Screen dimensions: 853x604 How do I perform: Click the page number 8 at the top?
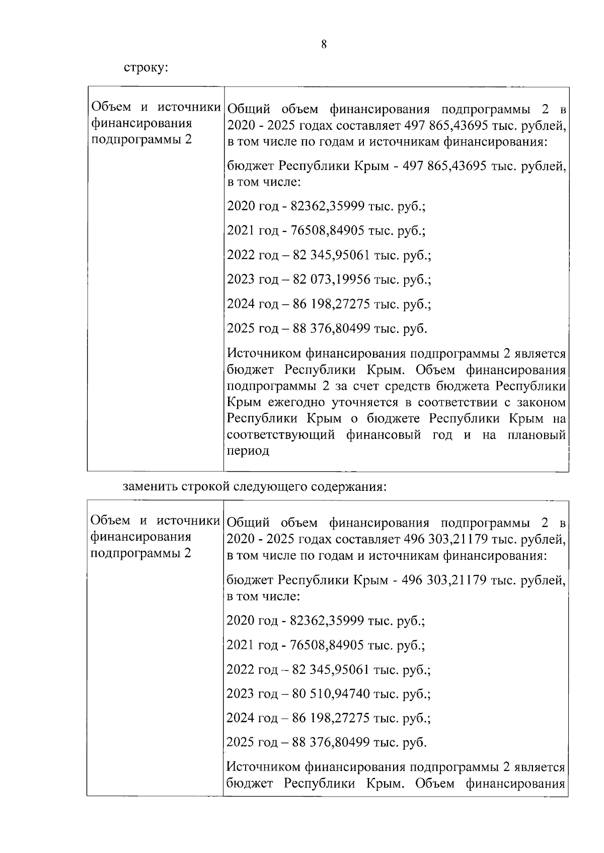324,45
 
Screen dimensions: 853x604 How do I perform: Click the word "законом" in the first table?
539,403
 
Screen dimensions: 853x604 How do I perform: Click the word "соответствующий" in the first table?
280,435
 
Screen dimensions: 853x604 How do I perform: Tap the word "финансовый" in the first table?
383,435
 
